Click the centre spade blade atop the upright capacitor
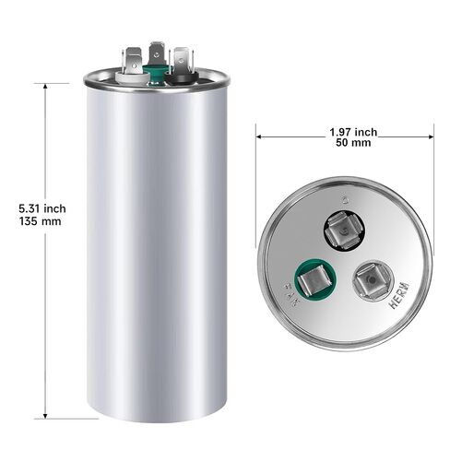pos(156,53)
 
